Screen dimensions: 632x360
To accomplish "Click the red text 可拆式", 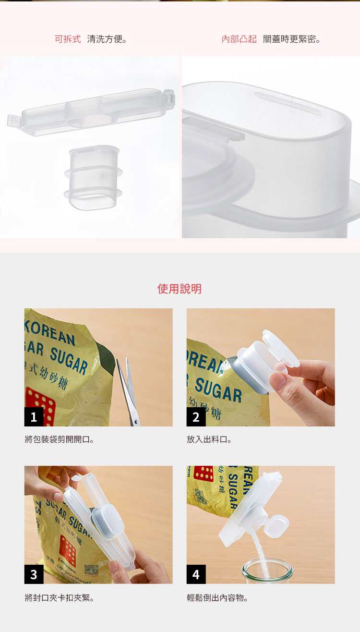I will (x=68, y=39).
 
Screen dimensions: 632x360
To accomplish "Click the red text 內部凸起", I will (x=239, y=39).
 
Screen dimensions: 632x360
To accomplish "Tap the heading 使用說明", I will (x=180, y=289).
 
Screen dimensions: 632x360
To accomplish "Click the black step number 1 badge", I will (x=34, y=416).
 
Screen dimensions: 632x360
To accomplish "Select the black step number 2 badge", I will (x=196, y=416).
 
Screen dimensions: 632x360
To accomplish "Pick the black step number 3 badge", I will (x=34, y=574).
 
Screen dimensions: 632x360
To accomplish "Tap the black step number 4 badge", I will (x=196, y=574).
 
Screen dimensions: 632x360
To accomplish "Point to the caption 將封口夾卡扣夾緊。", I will (x=60, y=598).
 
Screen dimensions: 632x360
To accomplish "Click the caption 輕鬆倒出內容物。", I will (x=218, y=598).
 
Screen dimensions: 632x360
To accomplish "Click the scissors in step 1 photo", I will (x=128, y=391).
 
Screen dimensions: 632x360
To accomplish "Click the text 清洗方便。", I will (x=108, y=39).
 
